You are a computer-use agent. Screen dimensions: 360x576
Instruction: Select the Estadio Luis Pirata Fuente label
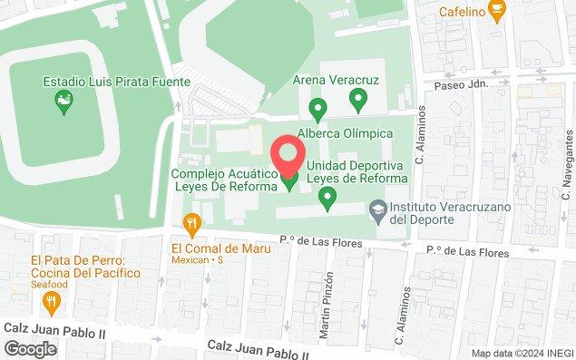click(x=117, y=82)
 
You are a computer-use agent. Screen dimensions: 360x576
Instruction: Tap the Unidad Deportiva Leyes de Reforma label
click(x=356, y=171)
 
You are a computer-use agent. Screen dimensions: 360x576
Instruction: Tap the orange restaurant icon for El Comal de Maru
click(x=191, y=224)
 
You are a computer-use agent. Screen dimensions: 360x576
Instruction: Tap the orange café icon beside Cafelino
click(x=496, y=12)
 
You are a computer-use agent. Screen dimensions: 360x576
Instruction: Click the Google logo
click(x=30, y=349)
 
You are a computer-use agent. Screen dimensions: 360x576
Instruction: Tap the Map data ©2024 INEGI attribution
click(x=522, y=353)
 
